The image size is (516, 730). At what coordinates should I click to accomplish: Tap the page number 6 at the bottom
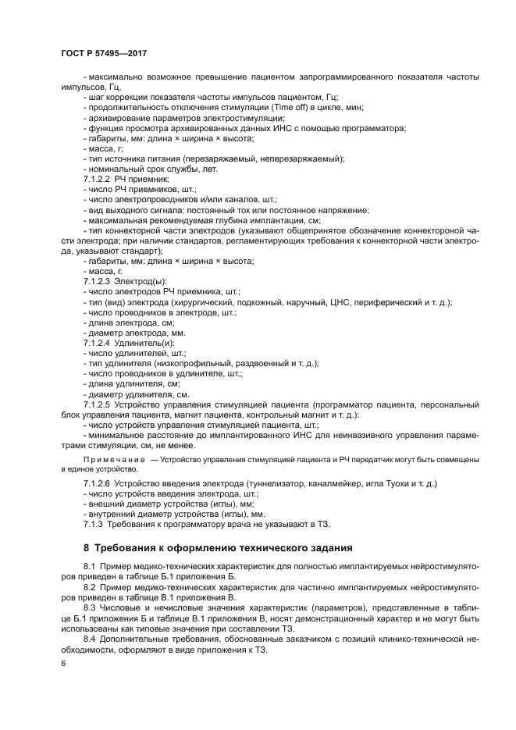(63, 663)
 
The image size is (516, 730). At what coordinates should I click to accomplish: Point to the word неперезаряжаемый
(297, 158)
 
